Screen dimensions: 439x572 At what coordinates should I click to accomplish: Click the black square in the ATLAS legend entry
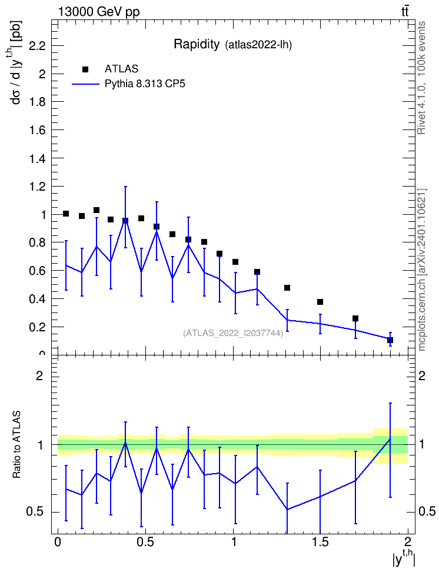(85, 69)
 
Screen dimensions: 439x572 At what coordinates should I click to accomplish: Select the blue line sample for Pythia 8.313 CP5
(85, 84)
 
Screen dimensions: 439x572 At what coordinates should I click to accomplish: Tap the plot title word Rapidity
(197, 44)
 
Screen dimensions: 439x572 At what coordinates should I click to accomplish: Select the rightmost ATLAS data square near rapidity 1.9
(390, 340)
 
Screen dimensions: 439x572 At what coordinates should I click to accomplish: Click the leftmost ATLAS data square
(66, 214)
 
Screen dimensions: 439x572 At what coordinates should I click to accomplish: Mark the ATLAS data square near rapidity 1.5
(320, 302)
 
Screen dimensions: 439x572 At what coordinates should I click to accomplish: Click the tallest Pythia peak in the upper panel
(125, 220)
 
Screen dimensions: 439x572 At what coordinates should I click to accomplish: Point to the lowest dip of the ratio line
(287, 509)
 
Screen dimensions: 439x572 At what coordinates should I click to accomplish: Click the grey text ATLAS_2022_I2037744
(233, 333)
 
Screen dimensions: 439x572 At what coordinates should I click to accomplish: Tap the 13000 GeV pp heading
(98, 12)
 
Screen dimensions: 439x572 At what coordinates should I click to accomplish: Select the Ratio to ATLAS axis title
(16, 445)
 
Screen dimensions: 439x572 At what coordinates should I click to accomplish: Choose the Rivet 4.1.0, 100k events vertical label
(421, 78)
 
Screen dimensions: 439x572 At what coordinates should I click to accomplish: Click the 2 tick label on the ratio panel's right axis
(422, 375)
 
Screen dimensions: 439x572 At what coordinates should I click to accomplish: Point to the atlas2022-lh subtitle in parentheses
(258, 45)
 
